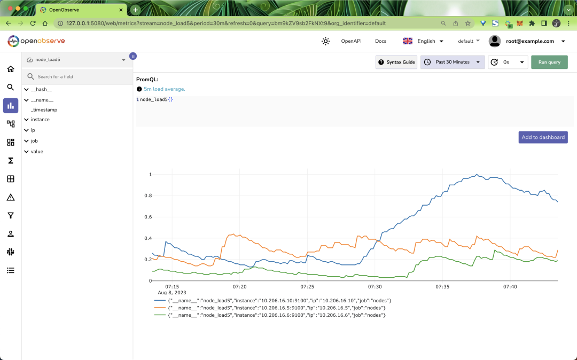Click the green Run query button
click(549, 62)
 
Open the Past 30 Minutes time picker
click(453, 62)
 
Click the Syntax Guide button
click(396, 62)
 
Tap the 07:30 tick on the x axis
click(375, 287)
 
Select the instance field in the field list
click(40, 120)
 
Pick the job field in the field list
click(34, 141)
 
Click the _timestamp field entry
click(44, 109)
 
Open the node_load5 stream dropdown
click(76, 60)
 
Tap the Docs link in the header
click(380, 41)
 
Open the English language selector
click(423, 41)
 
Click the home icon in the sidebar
click(11, 69)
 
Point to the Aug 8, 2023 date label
click(172, 293)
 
